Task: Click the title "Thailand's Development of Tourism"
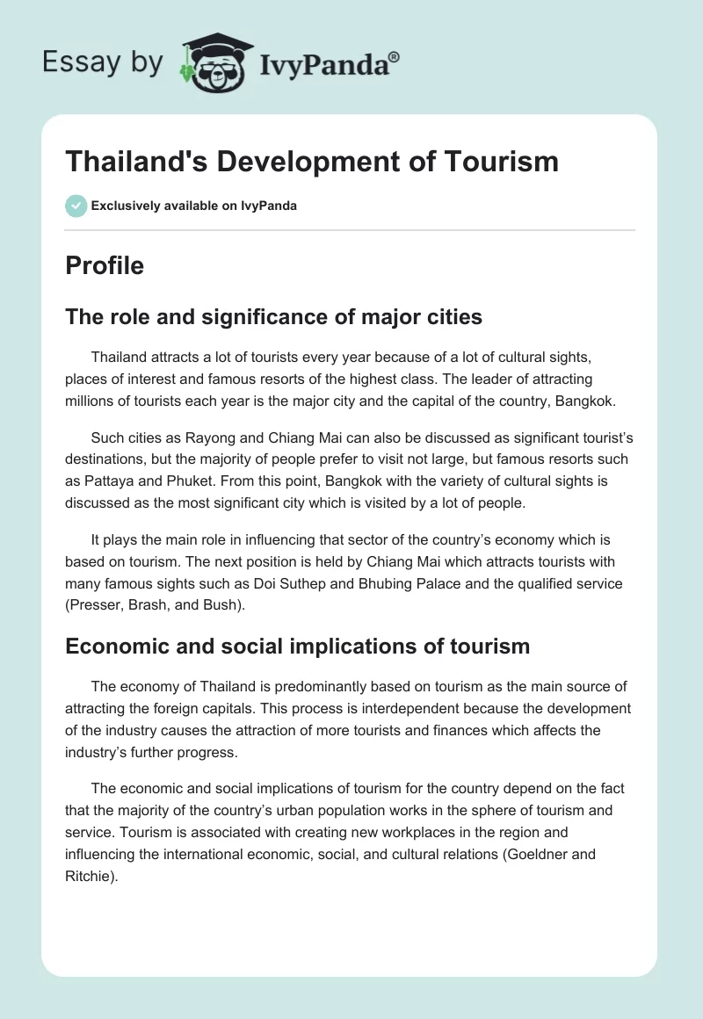312,161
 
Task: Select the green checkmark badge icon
76,206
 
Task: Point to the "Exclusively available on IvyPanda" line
193,206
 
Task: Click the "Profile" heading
105,265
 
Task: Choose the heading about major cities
273,316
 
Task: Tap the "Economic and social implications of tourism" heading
297,647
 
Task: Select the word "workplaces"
425,831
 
